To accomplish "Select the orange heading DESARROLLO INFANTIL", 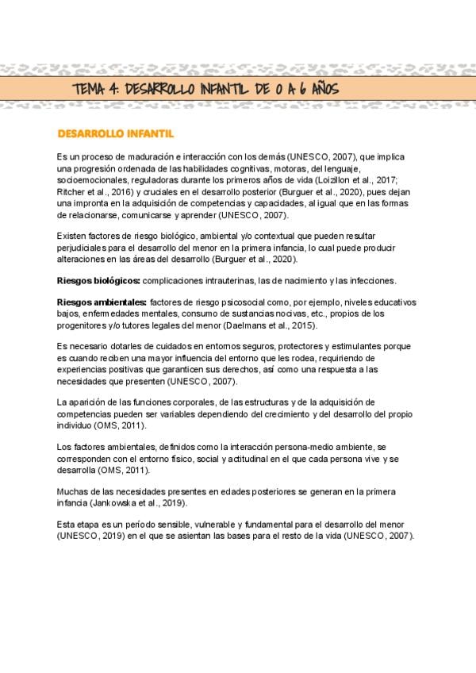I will click(116, 133).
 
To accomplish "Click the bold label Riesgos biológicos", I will click(98, 282).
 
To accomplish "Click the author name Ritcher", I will click(71, 191).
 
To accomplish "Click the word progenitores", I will click(86, 325).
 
